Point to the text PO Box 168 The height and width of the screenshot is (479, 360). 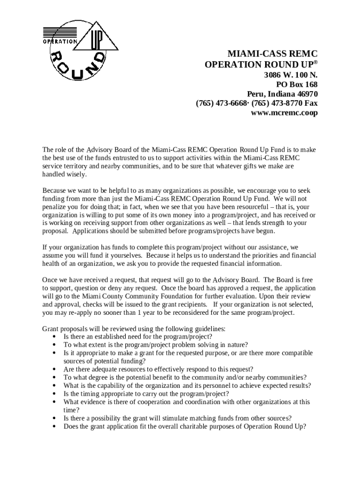coord(297,84)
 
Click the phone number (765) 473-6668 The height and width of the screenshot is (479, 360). coord(221,103)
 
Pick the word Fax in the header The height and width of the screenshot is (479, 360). coord(311,103)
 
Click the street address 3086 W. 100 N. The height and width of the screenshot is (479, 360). coord(290,74)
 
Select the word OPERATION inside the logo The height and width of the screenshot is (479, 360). coord(61,41)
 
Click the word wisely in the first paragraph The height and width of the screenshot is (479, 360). coord(77,174)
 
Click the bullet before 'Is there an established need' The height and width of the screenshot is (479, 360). coord(56,336)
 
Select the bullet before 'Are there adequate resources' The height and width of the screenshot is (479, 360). coord(56,369)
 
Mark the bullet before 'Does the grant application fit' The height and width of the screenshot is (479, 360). coord(56,426)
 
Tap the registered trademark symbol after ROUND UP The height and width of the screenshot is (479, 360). coord(316,62)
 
